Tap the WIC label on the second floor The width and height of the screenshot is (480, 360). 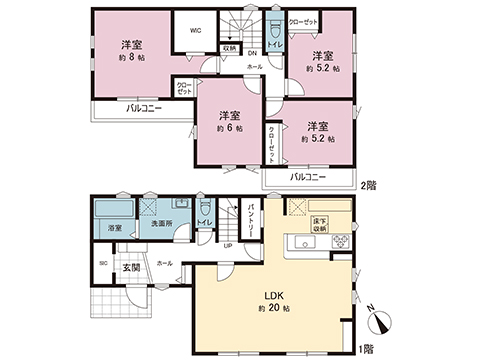(197, 30)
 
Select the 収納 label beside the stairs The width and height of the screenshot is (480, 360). (229, 47)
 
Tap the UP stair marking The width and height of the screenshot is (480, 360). (227, 247)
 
